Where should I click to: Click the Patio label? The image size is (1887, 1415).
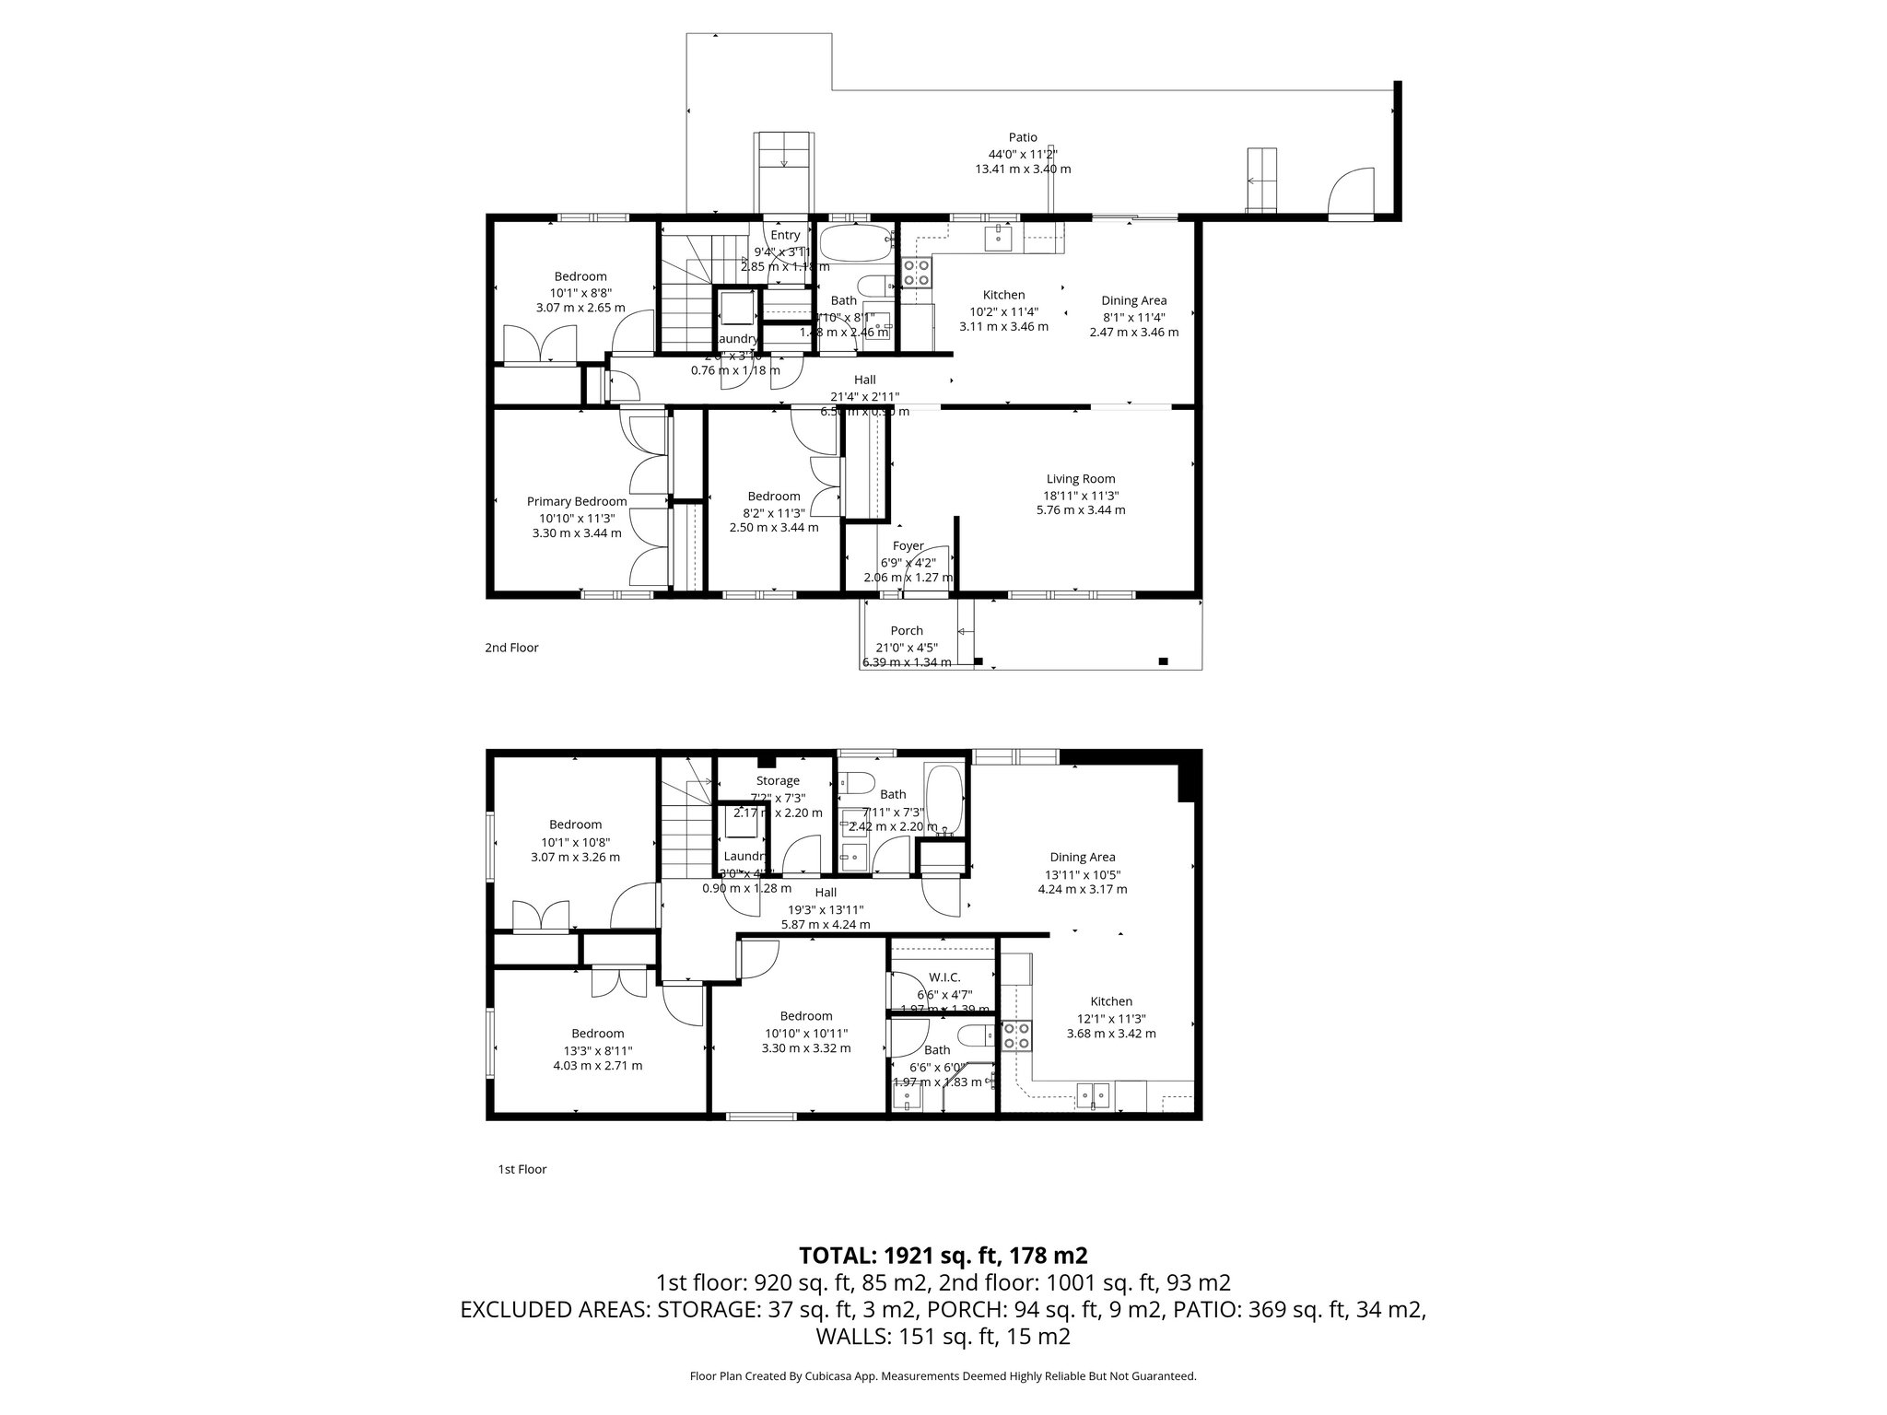coord(1023,137)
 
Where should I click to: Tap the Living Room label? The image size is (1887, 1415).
coord(1081,479)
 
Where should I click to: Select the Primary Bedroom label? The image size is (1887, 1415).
coord(577,502)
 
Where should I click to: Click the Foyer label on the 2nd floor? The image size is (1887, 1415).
coord(908,546)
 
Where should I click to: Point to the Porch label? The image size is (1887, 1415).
coord(907,631)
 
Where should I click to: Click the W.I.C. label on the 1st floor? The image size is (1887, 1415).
coord(945,976)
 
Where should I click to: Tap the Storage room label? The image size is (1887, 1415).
coord(778,781)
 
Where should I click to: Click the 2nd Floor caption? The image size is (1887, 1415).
coord(511,648)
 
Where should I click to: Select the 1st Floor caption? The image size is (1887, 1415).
coord(522,1169)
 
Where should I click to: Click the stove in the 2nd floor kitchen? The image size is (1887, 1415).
coord(915,272)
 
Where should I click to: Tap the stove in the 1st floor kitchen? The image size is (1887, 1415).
coord(1016,1036)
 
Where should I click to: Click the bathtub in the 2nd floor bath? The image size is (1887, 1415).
coord(856,243)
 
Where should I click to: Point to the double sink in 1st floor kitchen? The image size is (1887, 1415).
coord(1094,1094)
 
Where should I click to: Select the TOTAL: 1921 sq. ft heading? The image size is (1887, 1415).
coord(943,1255)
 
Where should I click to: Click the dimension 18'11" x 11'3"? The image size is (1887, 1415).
coord(1081,495)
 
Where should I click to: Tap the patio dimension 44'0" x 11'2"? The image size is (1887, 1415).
coord(1023,154)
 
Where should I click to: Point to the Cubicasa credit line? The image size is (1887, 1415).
coord(943,1376)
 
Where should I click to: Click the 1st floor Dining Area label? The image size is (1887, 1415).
coord(1082,858)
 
